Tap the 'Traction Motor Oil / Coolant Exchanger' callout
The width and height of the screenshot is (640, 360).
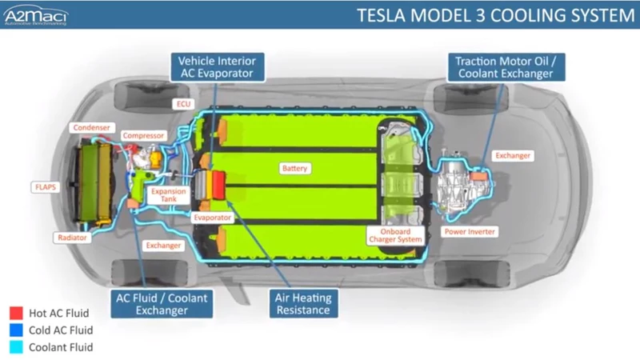504,66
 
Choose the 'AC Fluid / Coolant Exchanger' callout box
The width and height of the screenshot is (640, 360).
162,304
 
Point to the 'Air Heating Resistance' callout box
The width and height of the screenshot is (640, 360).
302,304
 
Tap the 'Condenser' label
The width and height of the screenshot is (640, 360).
90,127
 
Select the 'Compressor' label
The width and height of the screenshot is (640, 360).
144,136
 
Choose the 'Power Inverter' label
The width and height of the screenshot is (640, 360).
470,232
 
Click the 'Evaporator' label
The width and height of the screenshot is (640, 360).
214,218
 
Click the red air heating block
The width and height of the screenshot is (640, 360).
217,182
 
